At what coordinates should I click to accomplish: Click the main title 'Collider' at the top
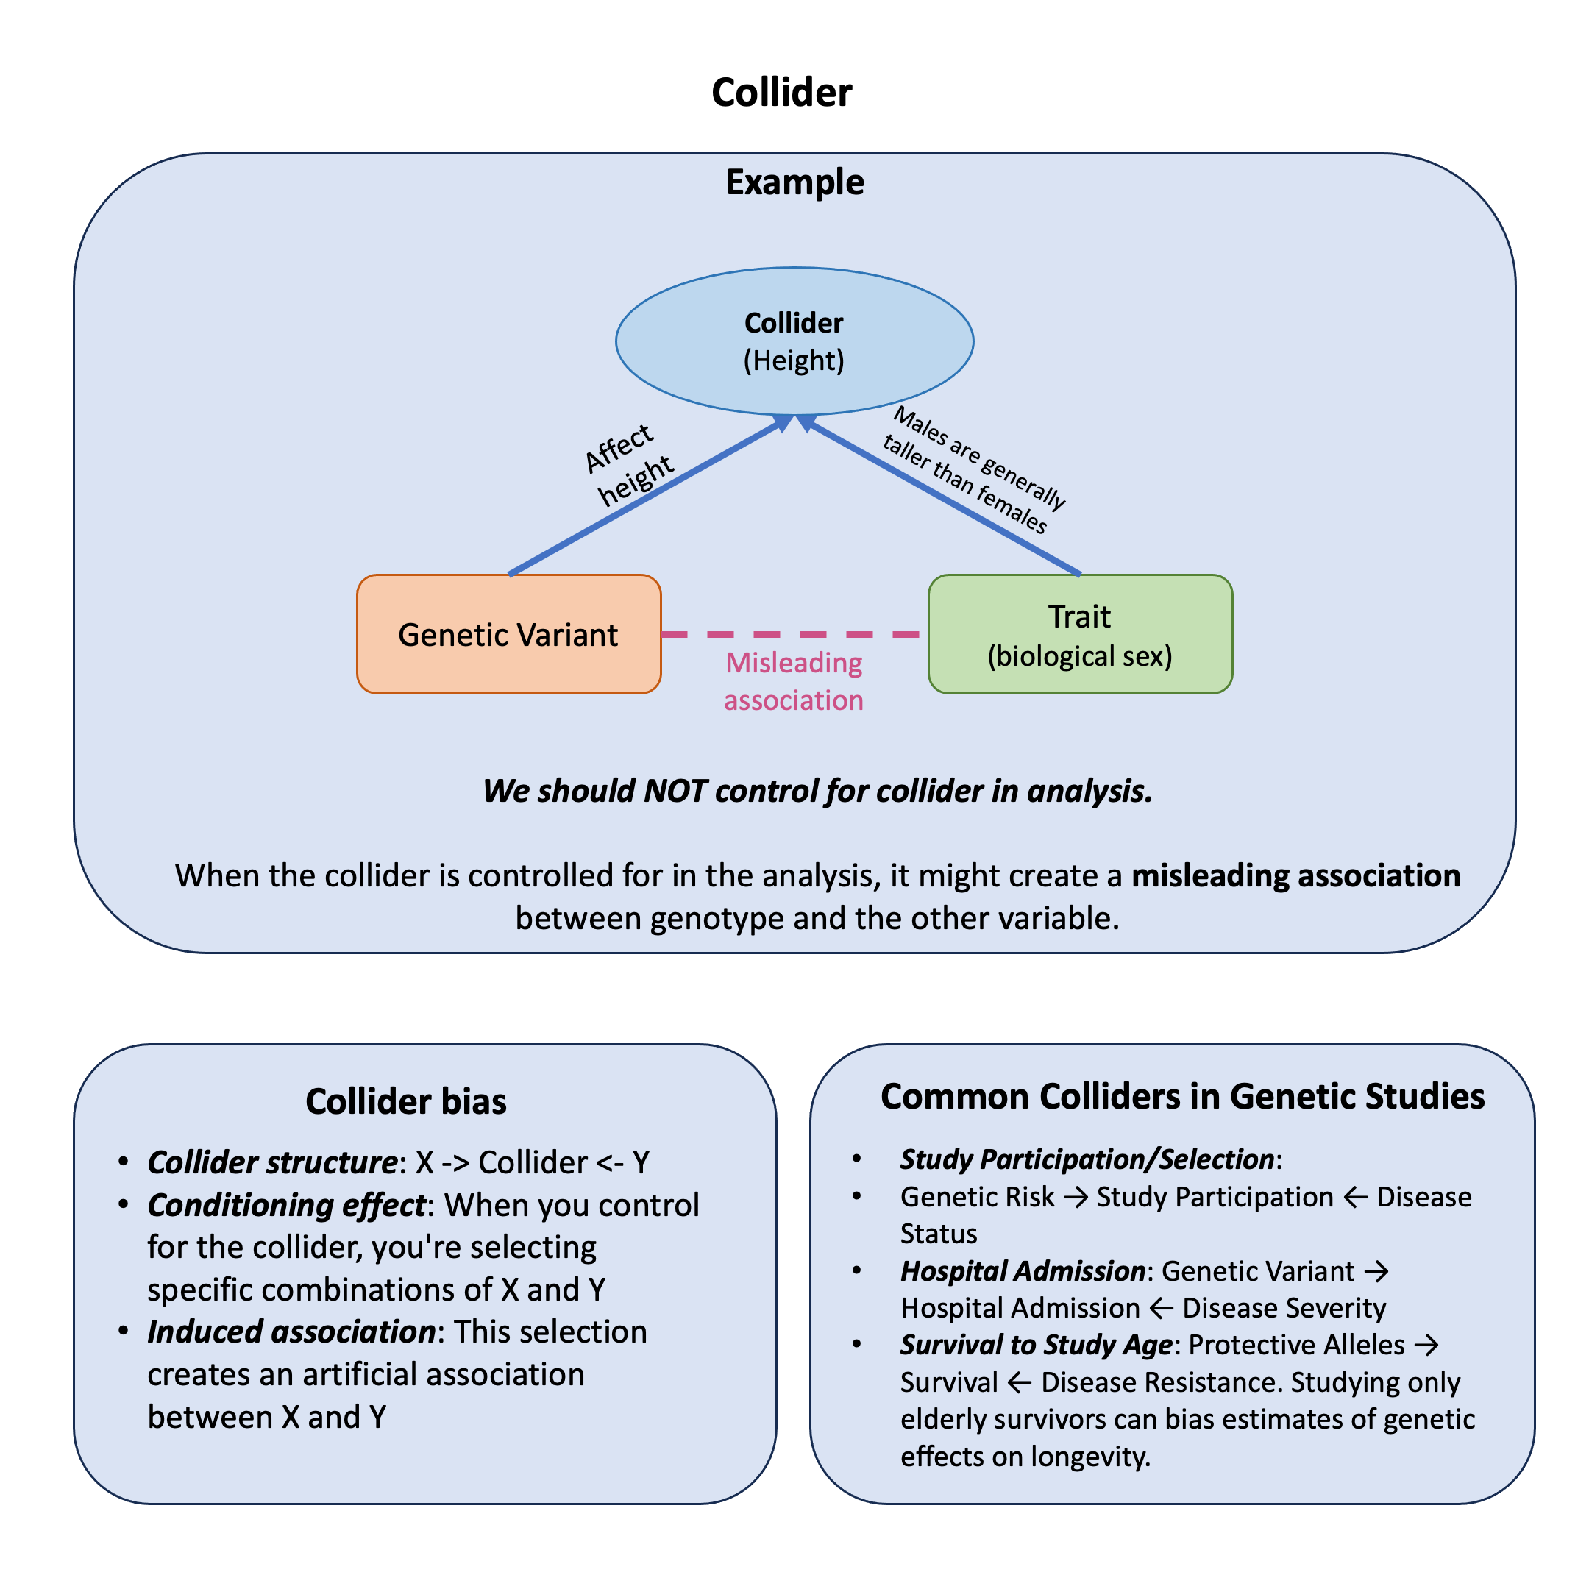click(x=781, y=92)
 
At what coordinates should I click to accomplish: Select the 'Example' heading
click(x=794, y=182)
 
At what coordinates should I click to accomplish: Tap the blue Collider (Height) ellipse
click(x=794, y=341)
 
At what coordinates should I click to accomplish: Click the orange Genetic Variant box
click(x=508, y=634)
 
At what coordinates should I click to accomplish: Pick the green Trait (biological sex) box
click(x=1080, y=634)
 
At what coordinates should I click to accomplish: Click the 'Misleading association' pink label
click(x=794, y=681)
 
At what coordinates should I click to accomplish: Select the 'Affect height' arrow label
click(x=629, y=466)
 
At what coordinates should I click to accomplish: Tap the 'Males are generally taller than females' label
click(x=974, y=471)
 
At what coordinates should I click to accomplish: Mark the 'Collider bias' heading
click(x=405, y=1101)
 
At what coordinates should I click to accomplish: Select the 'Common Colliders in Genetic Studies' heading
click(x=1182, y=1096)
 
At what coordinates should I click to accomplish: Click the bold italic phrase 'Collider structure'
click(x=272, y=1162)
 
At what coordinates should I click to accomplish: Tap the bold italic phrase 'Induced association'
click(x=291, y=1332)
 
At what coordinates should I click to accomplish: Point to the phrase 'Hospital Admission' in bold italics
click(x=1023, y=1270)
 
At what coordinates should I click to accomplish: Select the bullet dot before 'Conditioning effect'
click(x=124, y=1205)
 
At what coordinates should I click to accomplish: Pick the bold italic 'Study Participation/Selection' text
click(x=1087, y=1159)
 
